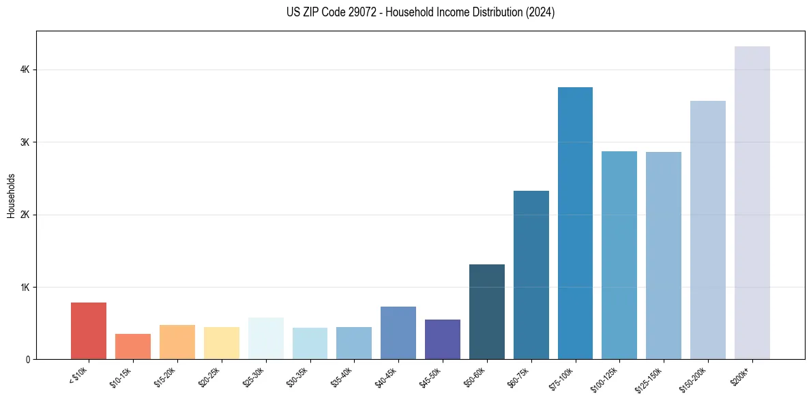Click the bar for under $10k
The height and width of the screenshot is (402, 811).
coord(89,330)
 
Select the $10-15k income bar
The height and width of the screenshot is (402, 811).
coord(133,346)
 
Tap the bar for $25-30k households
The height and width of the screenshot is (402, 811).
coord(266,338)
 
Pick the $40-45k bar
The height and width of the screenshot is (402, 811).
coord(398,333)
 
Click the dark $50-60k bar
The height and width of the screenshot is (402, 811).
coord(487,311)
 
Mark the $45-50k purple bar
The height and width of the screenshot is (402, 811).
coord(443,339)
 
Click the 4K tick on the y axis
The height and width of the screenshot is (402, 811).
coord(26,69)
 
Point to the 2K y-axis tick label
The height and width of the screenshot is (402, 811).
coord(26,215)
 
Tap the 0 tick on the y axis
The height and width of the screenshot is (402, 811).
coord(29,359)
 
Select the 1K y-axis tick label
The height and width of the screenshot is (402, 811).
coord(26,287)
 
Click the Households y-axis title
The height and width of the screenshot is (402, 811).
coord(11,196)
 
